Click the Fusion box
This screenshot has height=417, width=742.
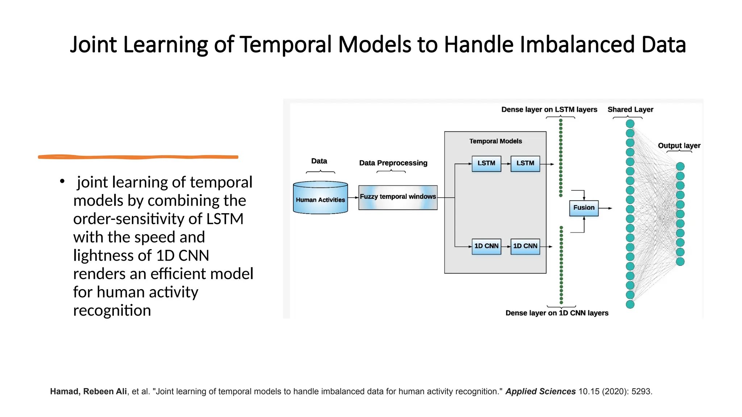click(x=584, y=208)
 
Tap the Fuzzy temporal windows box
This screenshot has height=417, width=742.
click(x=398, y=197)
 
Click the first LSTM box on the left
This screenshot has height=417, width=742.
click(x=486, y=164)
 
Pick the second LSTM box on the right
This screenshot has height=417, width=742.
click(x=525, y=164)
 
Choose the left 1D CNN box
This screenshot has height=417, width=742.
click(x=486, y=246)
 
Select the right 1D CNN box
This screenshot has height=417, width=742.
click(x=525, y=246)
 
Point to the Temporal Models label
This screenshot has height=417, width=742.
click(x=495, y=141)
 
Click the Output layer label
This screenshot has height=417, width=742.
click(x=679, y=146)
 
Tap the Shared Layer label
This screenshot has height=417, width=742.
click(x=630, y=109)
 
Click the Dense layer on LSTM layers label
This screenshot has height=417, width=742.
click(x=549, y=109)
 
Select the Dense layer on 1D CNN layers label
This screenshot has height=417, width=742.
click(x=556, y=313)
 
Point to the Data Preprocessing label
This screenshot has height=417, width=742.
click(x=393, y=163)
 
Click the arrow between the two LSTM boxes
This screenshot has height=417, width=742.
click(x=506, y=164)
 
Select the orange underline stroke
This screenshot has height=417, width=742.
click(x=138, y=157)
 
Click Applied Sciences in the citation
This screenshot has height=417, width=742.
click(x=540, y=392)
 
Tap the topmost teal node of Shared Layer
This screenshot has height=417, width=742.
click(x=630, y=124)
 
